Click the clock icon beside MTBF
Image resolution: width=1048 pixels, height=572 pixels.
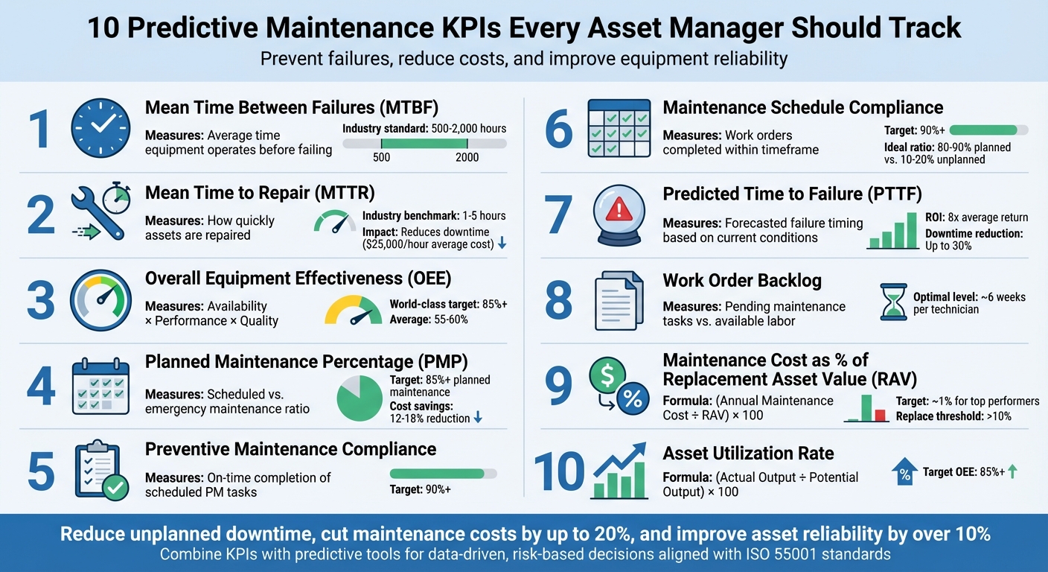(x=100, y=128)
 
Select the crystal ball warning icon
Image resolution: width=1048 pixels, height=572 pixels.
(x=618, y=214)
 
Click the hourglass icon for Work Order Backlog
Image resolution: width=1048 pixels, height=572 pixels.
(x=893, y=302)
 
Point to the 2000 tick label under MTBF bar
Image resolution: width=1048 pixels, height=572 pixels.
(x=467, y=157)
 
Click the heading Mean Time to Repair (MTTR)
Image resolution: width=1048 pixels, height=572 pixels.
(x=260, y=194)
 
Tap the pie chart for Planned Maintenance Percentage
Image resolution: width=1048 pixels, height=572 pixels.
(x=360, y=398)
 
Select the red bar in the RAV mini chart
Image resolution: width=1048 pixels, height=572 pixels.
(x=880, y=415)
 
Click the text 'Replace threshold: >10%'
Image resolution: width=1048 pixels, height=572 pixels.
(x=953, y=416)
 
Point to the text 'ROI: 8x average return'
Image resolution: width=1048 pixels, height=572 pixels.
(x=977, y=217)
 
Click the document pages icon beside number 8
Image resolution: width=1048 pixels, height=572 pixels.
(x=619, y=300)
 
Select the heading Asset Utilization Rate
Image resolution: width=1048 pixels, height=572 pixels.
(x=748, y=454)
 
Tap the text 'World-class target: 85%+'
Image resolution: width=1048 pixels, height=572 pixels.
(x=448, y=305)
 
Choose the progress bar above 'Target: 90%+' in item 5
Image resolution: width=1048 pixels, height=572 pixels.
(x=443, y=473)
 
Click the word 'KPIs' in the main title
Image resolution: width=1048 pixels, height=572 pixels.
(x=476, y=28)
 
